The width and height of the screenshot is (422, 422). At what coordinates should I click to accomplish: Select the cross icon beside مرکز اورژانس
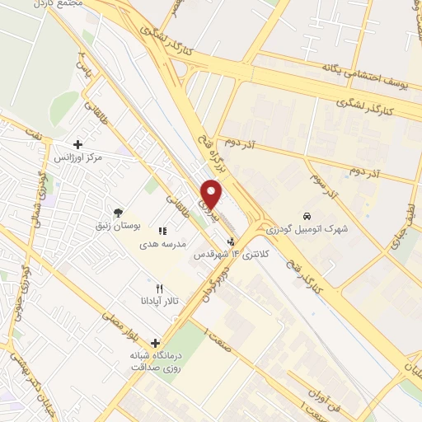78,143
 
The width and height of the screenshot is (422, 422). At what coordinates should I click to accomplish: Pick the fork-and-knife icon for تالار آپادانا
161,288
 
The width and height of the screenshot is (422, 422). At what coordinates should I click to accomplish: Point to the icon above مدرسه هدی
162,232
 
